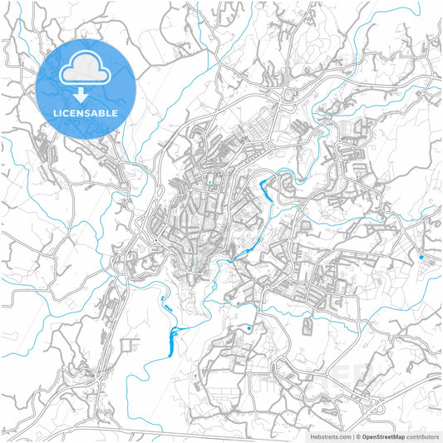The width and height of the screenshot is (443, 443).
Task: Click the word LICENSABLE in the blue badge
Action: pos(86,112)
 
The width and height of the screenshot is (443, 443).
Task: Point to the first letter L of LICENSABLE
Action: pos(56,112)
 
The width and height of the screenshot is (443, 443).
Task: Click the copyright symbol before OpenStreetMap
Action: pos(357,436)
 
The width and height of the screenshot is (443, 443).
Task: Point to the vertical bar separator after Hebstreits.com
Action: pos(352,436)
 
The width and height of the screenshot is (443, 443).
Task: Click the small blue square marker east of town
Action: pos(420,258)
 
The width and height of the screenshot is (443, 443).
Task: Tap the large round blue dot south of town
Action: pos(249,330)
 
